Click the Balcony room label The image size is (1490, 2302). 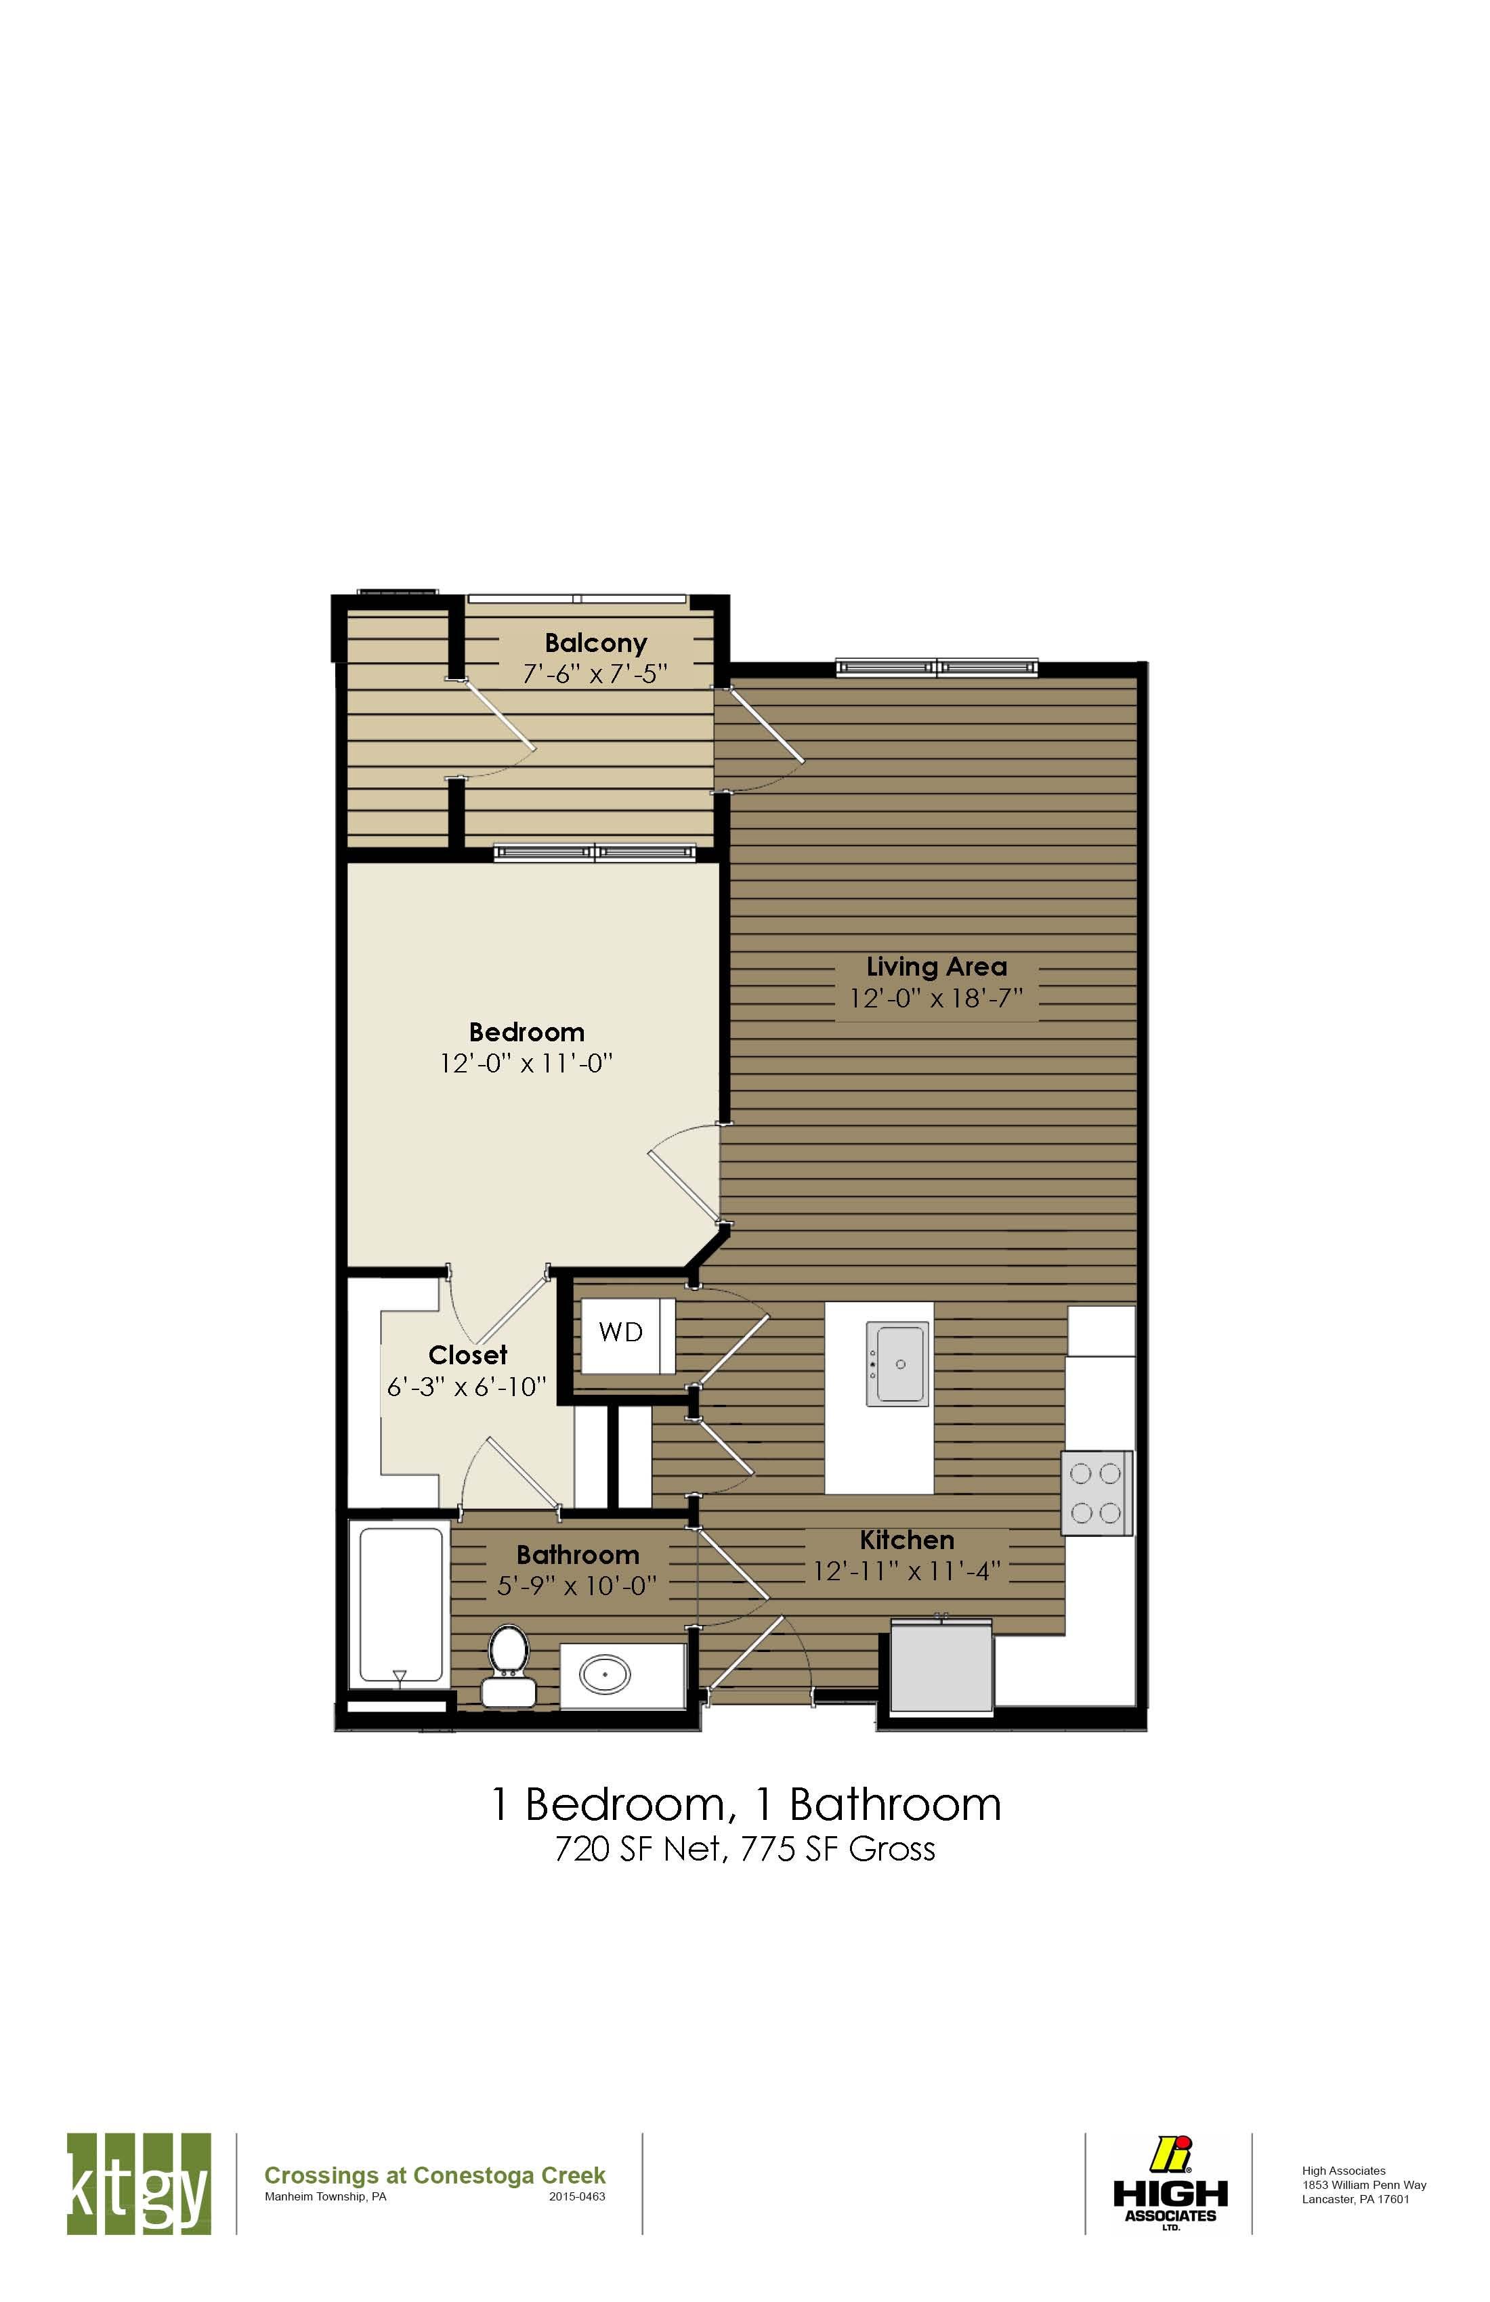[x=595, y=643]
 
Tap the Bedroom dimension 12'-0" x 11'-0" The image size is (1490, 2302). [x=526, y=1064]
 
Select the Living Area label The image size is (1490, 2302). [x=935, y=966]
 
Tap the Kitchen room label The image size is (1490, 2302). [x=907, y=1540]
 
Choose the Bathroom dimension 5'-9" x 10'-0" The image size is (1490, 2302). [x=576, y=1586]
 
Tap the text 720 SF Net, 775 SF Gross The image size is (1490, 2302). [x=745, y=1848]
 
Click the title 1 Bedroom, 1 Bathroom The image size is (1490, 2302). [x=745, y=1802]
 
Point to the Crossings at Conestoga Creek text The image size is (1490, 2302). [x=434, y=2175]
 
